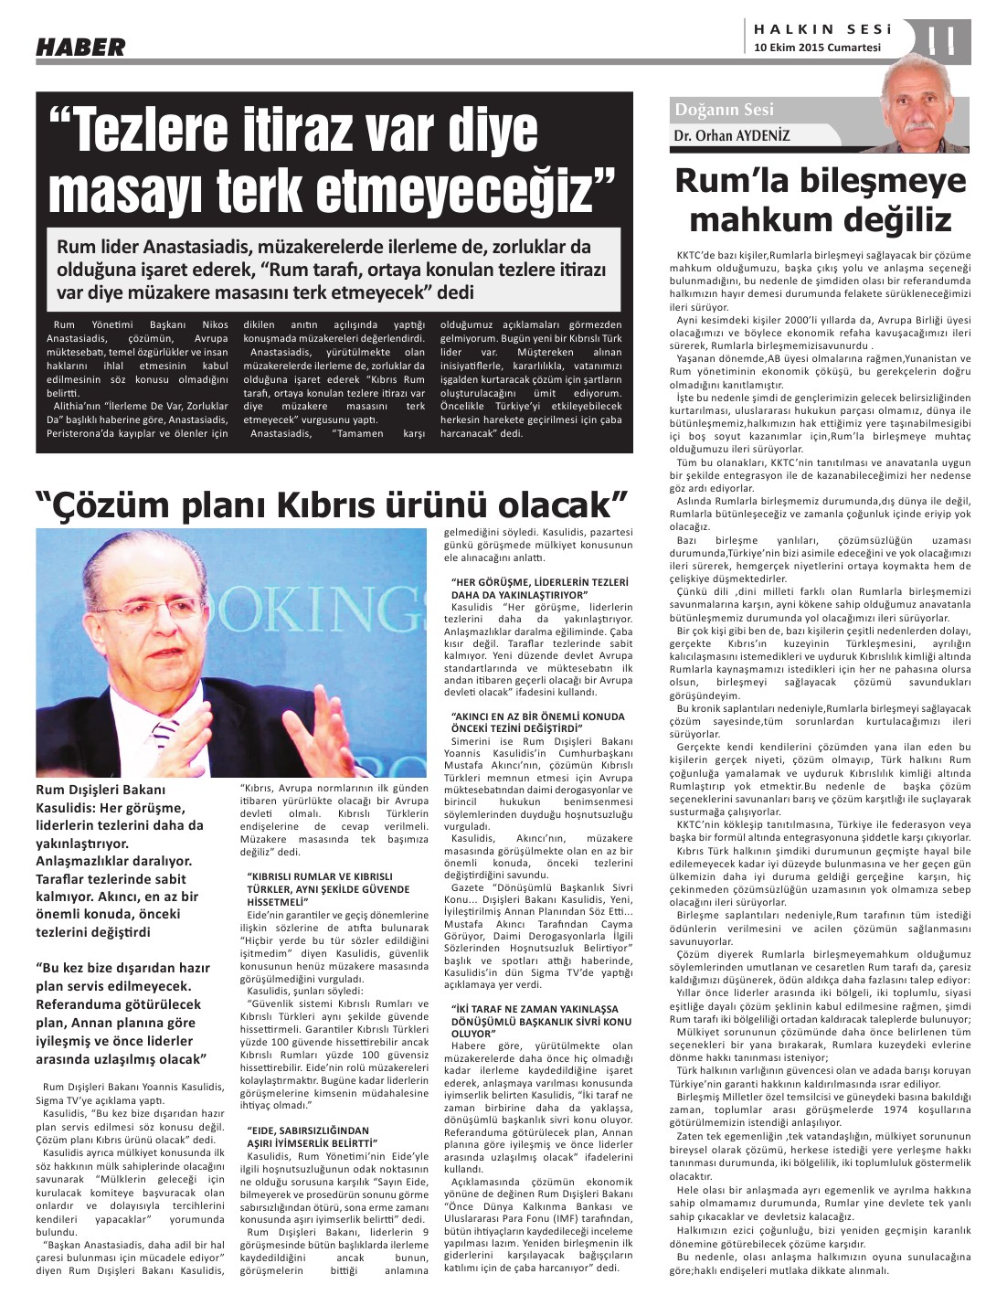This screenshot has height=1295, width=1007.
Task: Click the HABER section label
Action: click(80, 47)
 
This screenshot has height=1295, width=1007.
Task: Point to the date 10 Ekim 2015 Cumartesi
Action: click(817, 48)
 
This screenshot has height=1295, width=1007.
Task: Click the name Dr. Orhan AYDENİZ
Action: click(731, 136)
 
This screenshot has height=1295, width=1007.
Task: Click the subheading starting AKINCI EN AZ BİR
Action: click(538, 722)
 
